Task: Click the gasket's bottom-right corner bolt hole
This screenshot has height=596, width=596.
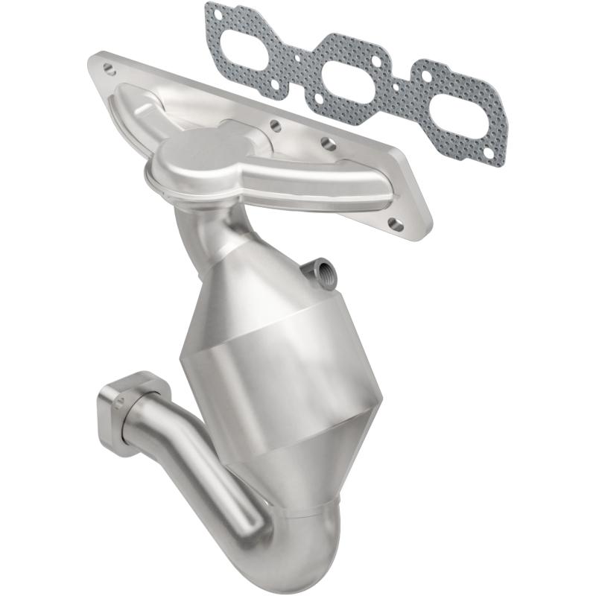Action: click(489, 153)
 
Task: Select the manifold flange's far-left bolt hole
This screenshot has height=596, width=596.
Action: click(110, 69)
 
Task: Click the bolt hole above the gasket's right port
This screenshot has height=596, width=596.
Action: click(427, 75)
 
